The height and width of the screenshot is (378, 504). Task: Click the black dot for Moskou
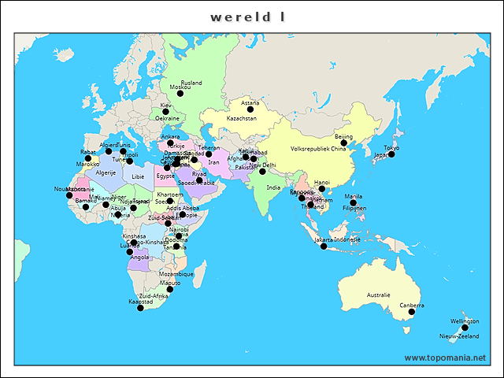180,94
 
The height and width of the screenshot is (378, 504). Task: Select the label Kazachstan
242,118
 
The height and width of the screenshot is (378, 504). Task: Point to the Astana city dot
250,109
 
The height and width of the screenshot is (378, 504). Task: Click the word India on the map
273,187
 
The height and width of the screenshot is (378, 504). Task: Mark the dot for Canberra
411,312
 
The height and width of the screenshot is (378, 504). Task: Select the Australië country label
378,295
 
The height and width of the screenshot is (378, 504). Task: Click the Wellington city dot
465,328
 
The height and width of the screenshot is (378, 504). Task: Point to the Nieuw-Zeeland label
458,336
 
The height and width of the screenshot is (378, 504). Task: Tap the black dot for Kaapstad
140,308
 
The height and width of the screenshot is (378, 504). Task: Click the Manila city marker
354,203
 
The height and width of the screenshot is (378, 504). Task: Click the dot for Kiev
166,112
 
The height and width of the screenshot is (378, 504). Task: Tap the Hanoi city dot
321,189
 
